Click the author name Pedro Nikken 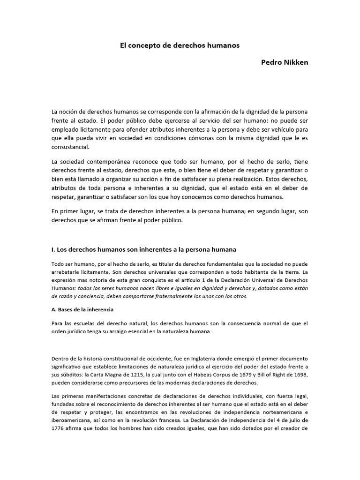[285, 62]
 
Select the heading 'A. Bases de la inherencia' [82, 310]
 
